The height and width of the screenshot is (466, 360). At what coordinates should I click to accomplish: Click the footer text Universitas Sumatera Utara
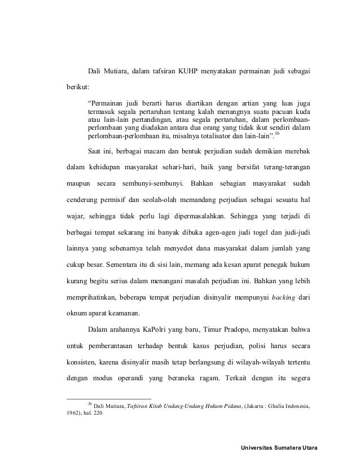(x=279, y=448)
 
